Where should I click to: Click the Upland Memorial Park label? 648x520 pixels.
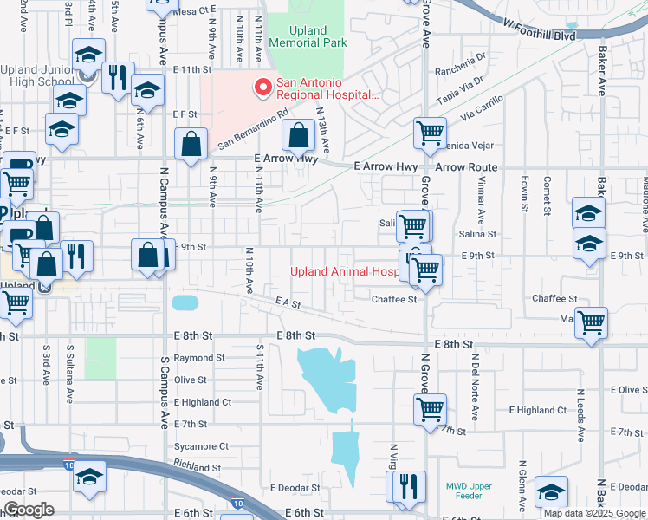(x=308, y=36)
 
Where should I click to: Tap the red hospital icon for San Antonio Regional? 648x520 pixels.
(x=262, y=88)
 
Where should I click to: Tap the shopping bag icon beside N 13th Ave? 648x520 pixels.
(x=298, y=136)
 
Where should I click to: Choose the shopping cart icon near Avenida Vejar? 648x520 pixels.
(x=430, y=133)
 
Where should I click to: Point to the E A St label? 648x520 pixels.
(x=288, y=303)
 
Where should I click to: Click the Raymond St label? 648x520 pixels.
(x=198, y=357)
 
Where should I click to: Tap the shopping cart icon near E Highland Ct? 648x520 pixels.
(x=431, y=407)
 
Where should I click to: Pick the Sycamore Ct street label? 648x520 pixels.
(x=200, y=446)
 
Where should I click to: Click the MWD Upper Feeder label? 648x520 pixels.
(x=468, y=491)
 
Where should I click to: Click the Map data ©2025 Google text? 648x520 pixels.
(x=594, y=513)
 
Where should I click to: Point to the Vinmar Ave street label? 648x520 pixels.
(x=481, y=198)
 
